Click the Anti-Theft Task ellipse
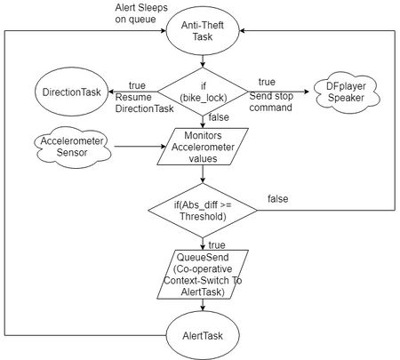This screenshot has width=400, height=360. point(203,31)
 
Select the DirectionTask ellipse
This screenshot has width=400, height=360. point(72,92)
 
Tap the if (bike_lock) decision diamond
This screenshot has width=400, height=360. point(203,92)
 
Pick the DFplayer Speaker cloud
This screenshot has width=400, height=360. point(346,92)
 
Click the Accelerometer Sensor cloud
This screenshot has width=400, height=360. point(72,147)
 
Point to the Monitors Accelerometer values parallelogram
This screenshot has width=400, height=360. point(203,147)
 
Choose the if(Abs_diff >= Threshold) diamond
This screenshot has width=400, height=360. point(203,211)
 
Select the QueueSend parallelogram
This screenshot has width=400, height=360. point(203,275)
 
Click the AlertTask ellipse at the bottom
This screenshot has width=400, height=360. point(203,335)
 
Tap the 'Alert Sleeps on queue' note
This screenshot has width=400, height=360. point(141,13)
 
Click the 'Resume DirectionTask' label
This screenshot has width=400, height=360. point(144,103)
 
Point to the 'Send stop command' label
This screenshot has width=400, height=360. point(271,101)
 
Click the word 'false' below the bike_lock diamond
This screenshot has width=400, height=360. point(219,117)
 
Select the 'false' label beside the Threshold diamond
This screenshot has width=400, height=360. point(277,199)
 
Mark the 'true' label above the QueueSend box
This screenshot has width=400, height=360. point(217,245)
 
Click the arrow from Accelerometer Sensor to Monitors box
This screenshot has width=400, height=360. point(140,147)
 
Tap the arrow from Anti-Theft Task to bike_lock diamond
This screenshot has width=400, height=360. point(203,61)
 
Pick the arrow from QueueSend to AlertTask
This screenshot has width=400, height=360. point(203,305)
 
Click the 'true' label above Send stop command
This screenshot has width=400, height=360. point(267,82)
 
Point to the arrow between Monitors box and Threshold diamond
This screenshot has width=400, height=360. point(203,174)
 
